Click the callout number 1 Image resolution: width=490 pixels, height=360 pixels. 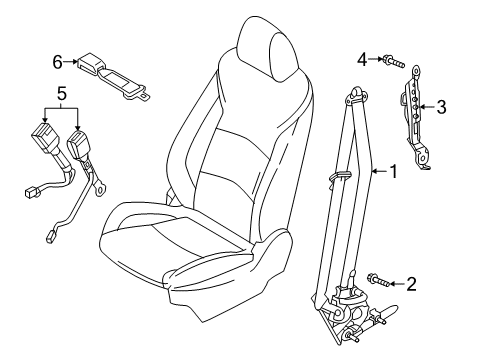click(394, 171)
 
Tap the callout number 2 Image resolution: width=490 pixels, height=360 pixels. click(411, 284)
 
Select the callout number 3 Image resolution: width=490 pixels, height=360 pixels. click(441, 107)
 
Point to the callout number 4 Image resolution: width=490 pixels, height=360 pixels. click(362, 60)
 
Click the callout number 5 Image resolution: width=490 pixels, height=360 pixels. click(62, 93)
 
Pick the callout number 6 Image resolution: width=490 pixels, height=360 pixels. click(58, 62)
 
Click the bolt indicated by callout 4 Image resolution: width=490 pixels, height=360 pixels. click(394, 61)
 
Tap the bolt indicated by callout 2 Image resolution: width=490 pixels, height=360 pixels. click(378, 280)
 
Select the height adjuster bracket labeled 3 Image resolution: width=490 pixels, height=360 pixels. click(415, 117)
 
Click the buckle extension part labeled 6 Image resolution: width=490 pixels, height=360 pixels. click(113, 76)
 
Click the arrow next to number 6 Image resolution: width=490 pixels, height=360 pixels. click(71, 61)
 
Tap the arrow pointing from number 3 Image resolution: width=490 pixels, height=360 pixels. click(427, 107)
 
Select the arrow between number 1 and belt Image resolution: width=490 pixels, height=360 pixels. click(380, 171)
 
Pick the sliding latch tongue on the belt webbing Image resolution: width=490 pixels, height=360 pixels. click(339, 176)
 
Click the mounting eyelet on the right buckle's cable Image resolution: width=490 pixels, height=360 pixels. click(100, 190)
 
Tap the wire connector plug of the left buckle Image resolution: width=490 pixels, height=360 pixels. click(30, 192)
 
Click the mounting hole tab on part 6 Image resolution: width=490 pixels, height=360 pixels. click(144, 97)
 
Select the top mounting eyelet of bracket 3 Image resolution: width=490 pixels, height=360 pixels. click(416, 69)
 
